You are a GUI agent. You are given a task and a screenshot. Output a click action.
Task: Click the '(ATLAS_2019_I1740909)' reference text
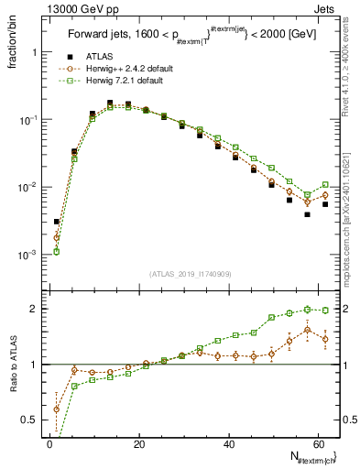(189, 274)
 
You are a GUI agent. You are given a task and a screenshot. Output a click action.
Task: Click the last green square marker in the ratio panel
(325, 310)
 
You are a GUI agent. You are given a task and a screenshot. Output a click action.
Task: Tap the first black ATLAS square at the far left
(56, 222)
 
